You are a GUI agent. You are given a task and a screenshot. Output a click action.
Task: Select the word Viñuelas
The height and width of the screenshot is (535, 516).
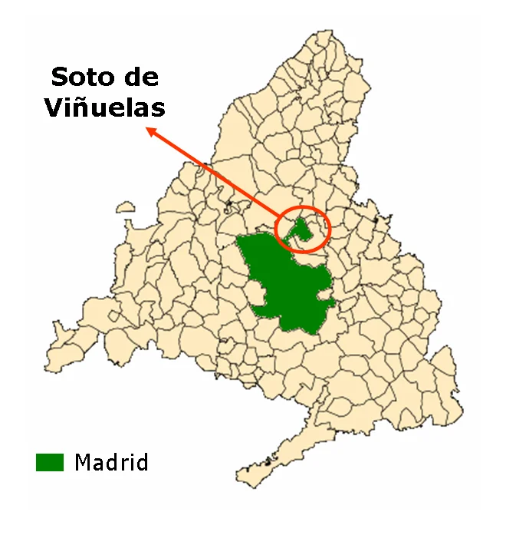[104, 107]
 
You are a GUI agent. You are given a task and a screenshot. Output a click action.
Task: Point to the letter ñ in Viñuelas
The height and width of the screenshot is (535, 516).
[83, 107]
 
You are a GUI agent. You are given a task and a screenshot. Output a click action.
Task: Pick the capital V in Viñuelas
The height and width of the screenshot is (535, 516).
[54, 107]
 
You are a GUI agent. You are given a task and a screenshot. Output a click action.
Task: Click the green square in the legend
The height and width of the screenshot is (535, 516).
[50, 462]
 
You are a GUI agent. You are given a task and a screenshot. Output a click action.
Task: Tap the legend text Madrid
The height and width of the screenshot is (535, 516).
[111, 462]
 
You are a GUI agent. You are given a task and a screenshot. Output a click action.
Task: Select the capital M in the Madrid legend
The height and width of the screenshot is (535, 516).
[83, 462]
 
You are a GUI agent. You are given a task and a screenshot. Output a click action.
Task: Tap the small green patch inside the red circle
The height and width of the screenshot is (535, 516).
[304, 229]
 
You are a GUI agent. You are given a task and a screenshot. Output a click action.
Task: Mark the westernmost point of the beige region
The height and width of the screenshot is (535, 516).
[46, 362]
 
